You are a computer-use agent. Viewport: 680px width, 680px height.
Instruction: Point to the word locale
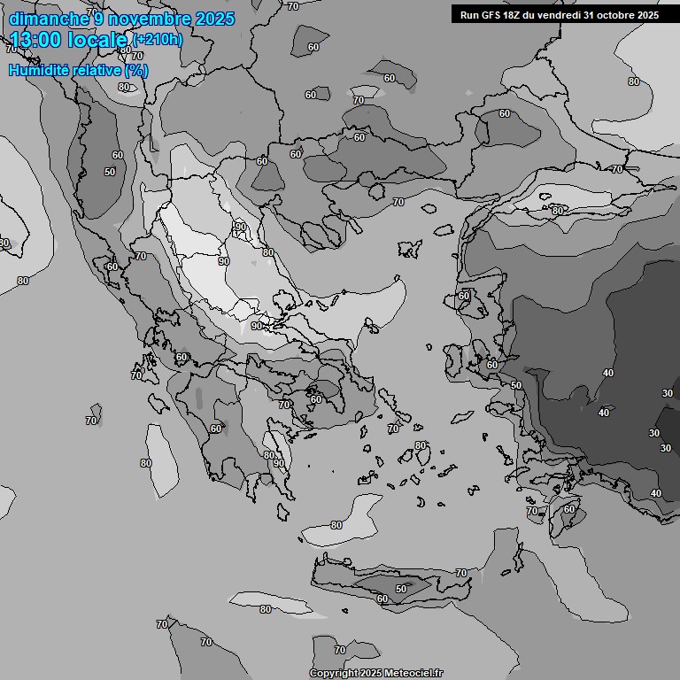pos(101,40)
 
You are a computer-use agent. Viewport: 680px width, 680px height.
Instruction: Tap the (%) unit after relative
pos(136,70)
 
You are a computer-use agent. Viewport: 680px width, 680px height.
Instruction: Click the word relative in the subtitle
pos(99,70)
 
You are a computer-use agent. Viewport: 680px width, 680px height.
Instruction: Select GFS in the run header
pos(486,14)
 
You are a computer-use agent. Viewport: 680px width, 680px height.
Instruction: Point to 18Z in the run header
pos(510,14)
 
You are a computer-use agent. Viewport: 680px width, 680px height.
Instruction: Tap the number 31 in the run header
pos(591,14)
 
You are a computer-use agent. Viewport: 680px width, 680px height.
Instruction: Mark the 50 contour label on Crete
pos(400,589)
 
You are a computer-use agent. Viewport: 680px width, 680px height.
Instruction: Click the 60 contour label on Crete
pos(382,599)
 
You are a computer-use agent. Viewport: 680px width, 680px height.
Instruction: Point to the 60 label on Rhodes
pos(568,509)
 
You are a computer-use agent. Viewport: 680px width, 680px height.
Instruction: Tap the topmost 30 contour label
pos(667,393)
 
